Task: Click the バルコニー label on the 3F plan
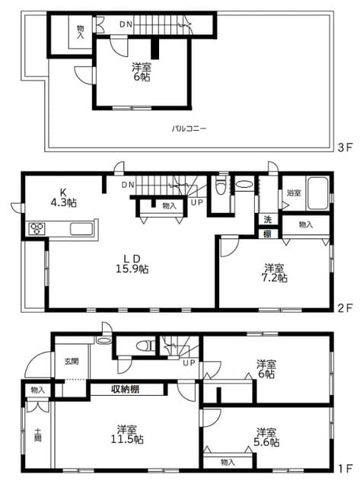pyautogui.click(x=189, y=129)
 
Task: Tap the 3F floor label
pyautogui.click(x=345, y=147)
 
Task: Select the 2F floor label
pyautogui.click(x=345, y=307)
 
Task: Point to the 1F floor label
pyautogui.click(x=345, y=468)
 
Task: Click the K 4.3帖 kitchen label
pyautogui.click(x=63, y=197)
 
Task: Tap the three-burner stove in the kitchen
pyautogui.click(x=37, y=229)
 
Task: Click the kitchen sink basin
pyautogui.click(x=81, y=229)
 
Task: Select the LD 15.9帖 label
pyautogui.click(x=132, y=263)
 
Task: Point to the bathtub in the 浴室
pyautogui.click(x=317, y=193)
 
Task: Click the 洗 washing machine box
pyautogui.click(x=267, y=220)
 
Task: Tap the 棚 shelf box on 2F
pyautogui.click(x=267, y=234)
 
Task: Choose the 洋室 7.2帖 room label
pyautogui.click(x=275, y=272)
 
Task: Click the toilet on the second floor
pyautogui.click(x=221, y=186)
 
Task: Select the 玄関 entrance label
pyautogui.click(x=72, y=361)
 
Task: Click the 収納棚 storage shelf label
pyautogui.click(x=125, y=389)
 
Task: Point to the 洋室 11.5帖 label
pyautogui.click(x=127, y=434)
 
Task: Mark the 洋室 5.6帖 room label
pyautogui.click(x=266, y=437)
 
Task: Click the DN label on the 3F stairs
pyautogui.click(x=126, y=24)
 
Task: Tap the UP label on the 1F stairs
pyautogui.click(x=189, y=362)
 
